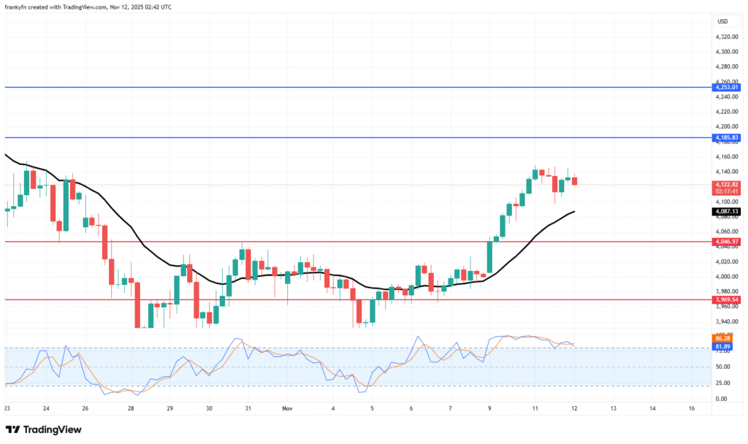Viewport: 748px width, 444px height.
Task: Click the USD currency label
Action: (x=722, y=21)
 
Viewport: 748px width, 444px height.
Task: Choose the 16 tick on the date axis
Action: (x=692, y=409)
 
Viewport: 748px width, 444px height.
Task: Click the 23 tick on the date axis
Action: (x=7, y=409)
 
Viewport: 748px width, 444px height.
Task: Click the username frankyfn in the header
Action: (x=19, y=7)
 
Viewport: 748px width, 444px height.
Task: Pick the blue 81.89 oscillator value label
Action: (x=724, y=347)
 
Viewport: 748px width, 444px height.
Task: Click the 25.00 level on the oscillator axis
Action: (x=723, y=383)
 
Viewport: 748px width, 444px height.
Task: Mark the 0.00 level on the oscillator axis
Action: (x=722, y=399)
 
